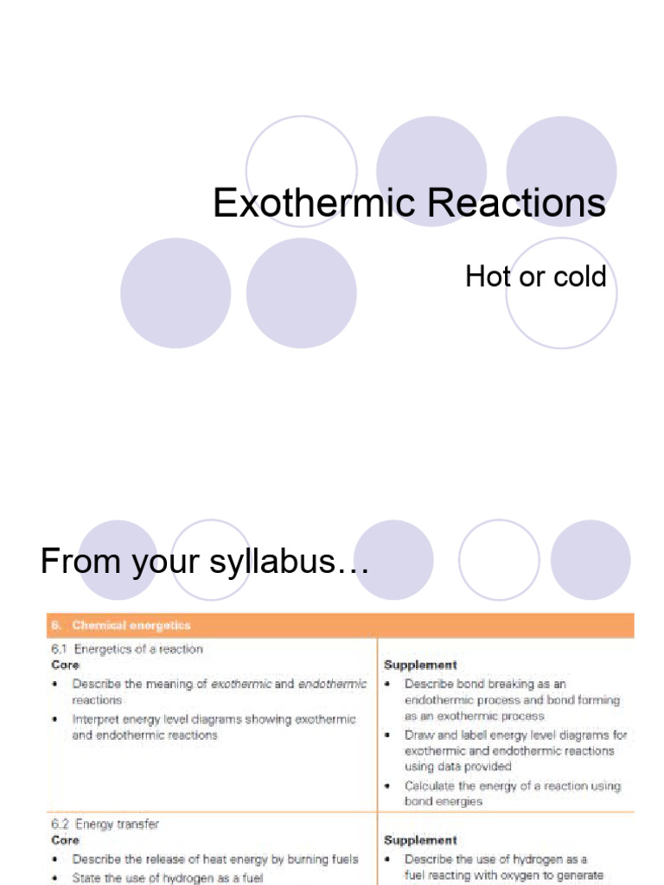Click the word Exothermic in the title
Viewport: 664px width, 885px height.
[x=303, y=204]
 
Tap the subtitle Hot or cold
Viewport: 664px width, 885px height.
[x=535, y=277]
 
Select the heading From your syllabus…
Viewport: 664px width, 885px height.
[x=205, y=562]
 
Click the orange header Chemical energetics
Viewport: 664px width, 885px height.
[x=131, y=625]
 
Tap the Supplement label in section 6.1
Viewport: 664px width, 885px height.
[x=420, y=665]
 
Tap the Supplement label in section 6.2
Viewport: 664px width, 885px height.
[x=420, y=840]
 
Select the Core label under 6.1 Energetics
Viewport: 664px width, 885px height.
[x=66, y=665]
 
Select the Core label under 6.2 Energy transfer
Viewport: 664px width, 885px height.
[x=66, y=840]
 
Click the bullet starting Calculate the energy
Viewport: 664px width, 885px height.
[x=512, y=793]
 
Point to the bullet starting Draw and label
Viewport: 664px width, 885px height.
[x=515, y=750]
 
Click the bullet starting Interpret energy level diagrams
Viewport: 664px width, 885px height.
[x=214, y=727]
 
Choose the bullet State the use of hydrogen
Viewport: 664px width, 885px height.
[x=167, y=877]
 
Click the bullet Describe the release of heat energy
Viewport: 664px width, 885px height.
[x=214, y=859]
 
